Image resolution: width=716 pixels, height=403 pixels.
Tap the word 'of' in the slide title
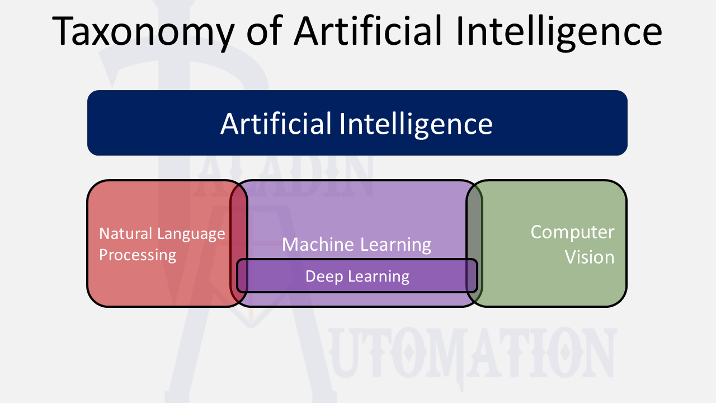(265, 31)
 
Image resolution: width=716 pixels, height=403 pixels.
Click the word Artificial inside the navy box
(276, 123)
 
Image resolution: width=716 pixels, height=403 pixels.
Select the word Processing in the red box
(138, 255)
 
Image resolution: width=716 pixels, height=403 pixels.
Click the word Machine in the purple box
(318, 245)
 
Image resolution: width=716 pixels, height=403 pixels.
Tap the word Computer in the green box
(572, 232)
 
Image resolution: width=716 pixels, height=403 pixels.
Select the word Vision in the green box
(589, 257)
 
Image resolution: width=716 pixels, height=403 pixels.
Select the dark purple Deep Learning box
(447, 276)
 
